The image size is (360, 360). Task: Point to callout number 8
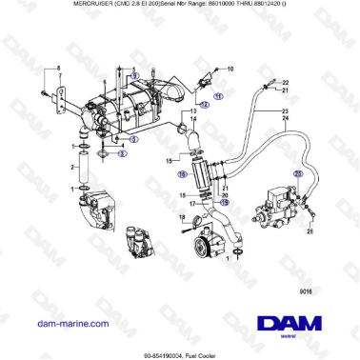click(x=57, y=68)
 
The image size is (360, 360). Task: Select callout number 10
click(x=230, y=70)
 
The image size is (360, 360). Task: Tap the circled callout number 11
click(x=217, y=96)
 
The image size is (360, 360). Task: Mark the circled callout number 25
click(x=297, y=174)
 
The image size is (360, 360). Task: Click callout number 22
click(x=284, y=82)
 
